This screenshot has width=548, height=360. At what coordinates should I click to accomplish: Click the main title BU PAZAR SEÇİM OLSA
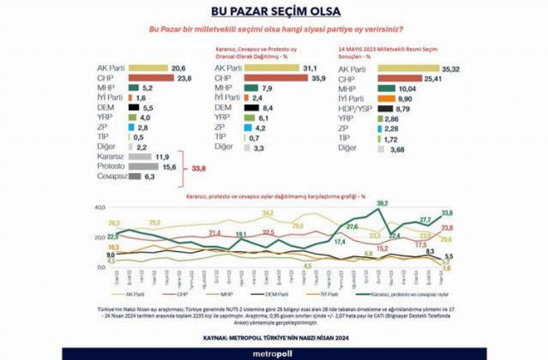click(274, 12)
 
